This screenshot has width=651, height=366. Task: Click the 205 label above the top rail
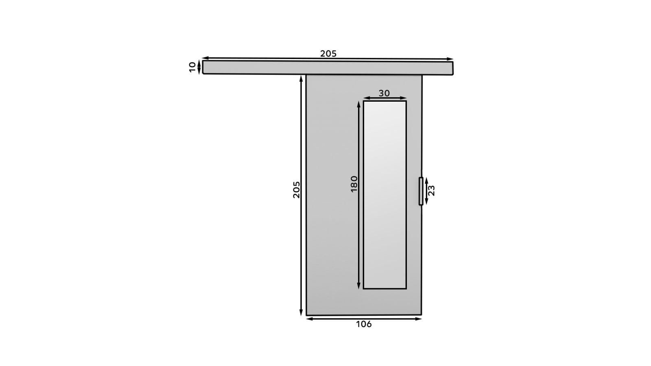click(x=328, y=54)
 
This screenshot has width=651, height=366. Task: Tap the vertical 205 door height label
click(x=296, y=190)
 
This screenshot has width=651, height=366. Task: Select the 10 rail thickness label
click(x=192, y=67)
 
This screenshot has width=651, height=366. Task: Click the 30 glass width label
click(x=384, y=93)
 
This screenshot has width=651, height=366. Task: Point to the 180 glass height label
click(x=354, y=184)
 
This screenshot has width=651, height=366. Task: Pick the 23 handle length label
click(x=432, y=191)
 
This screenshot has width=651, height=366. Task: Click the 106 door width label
click(x=364, y=324)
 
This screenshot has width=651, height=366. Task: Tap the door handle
click(x=421, y=191)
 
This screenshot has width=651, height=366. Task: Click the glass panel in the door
click(x=385, y=195)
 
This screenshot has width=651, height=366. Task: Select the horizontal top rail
click(x=328, y=68)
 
